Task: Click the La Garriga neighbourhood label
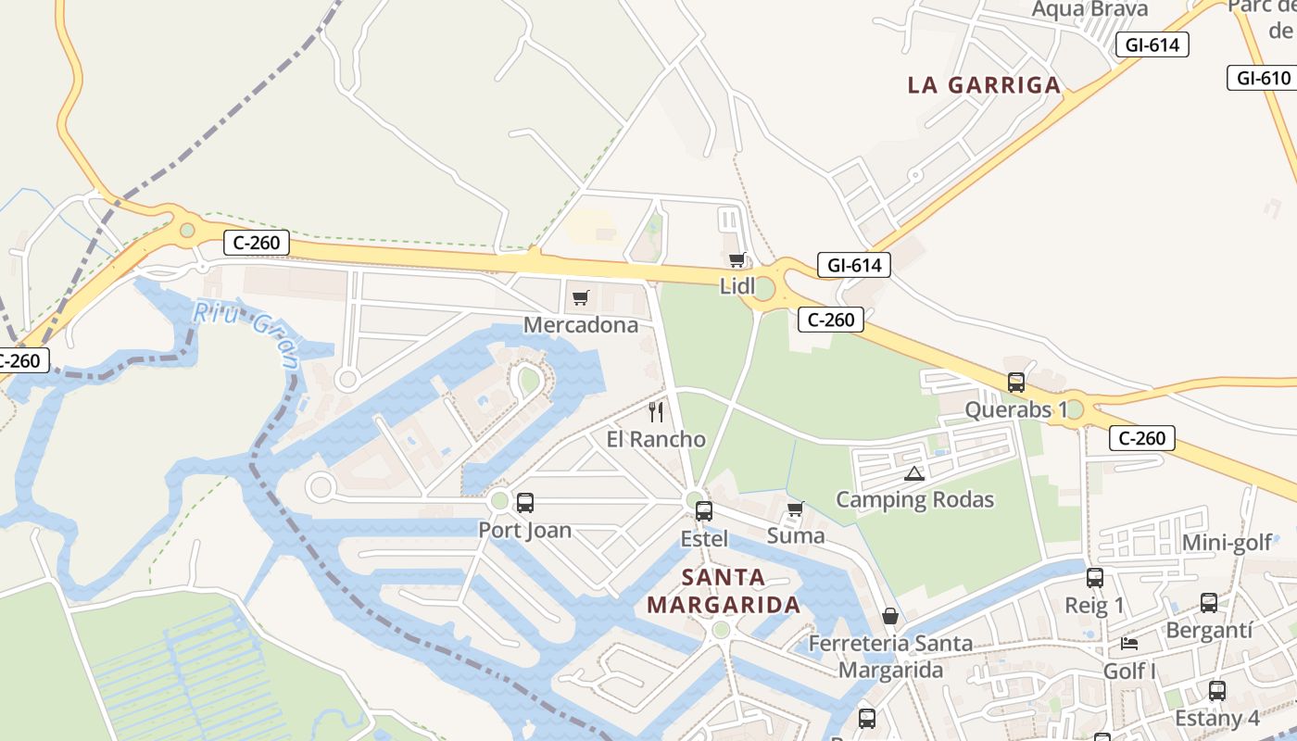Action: point(984,85)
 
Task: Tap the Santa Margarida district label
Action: point(724,591)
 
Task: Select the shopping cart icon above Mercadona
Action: point(581,297)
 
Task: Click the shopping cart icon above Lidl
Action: point(737,259)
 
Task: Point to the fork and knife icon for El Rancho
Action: point(656,411)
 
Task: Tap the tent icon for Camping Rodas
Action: point(914,473)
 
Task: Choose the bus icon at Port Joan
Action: point(525,503)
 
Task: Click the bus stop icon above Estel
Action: point(704,510)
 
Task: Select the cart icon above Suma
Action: point(795,509)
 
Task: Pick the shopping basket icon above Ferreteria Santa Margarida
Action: point(890,616)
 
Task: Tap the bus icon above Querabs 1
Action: point(1016,382)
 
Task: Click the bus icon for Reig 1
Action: point(1095,578)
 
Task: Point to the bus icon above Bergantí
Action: point(1209,603)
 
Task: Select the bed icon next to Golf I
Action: point(1129,644)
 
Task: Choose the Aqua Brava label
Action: point(1089,9)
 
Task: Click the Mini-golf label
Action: point(1228,543)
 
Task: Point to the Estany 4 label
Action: point(1217,718)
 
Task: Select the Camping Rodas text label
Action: point(914,500)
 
